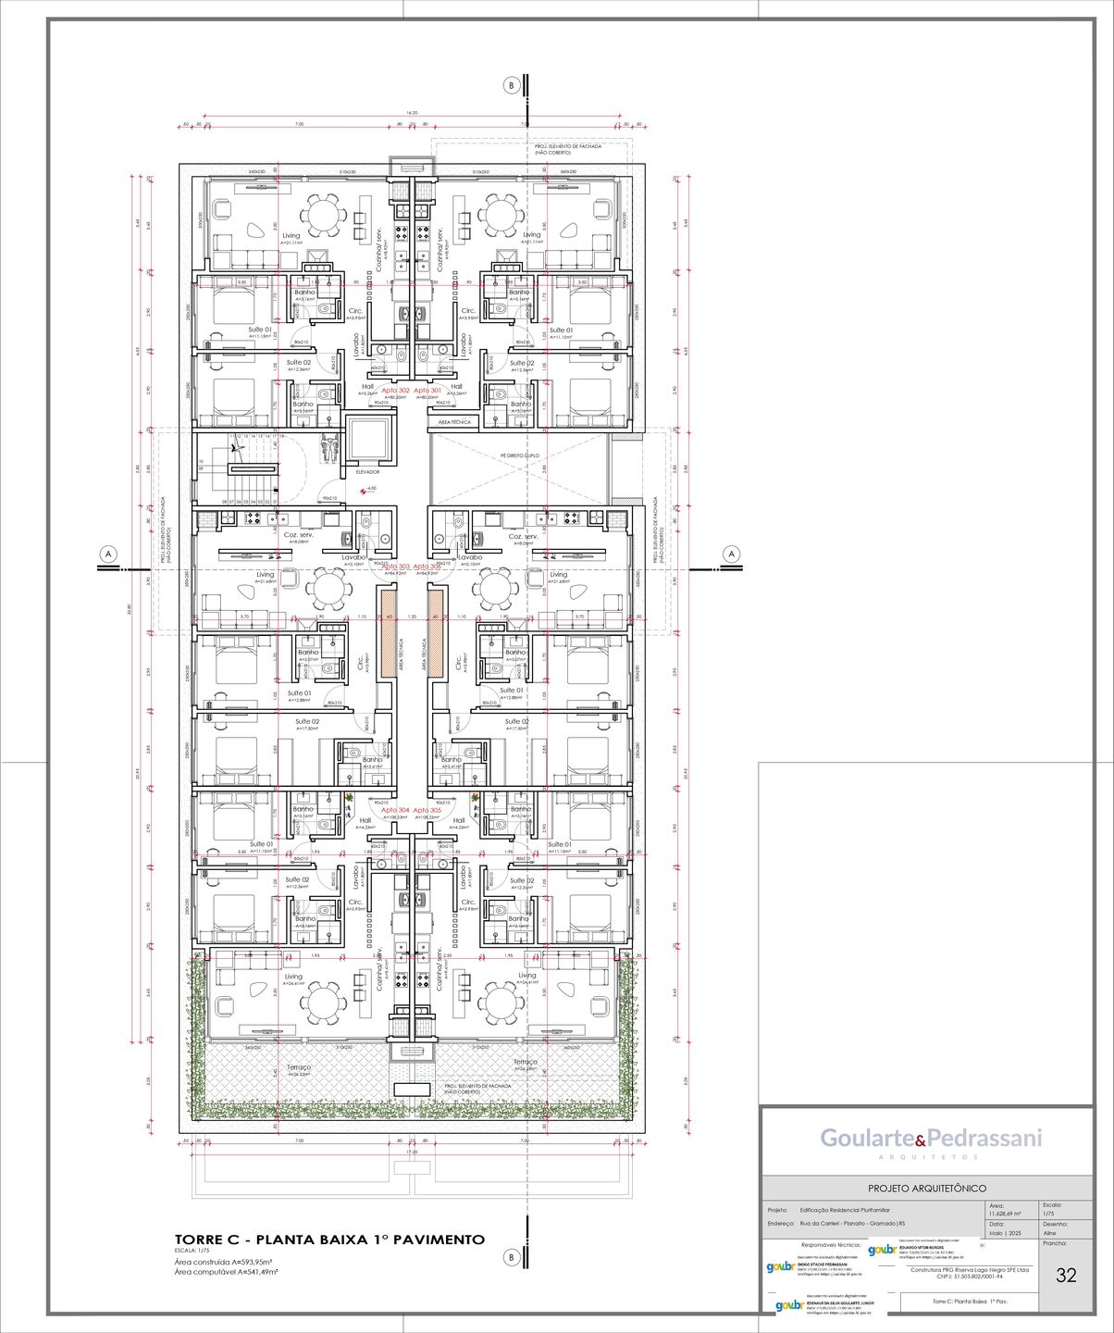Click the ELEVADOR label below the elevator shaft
367,472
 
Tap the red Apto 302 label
395,391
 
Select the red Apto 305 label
427,810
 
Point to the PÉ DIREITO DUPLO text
519,455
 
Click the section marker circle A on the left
108,554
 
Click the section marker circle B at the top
511,85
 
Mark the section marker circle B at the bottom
511,1256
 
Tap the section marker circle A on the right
732,554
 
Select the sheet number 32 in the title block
1066,1275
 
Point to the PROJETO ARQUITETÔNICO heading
926,1188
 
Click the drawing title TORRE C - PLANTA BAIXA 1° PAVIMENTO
329,1240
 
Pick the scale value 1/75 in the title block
1048,1213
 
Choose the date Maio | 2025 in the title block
1004,1233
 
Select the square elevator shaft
370,439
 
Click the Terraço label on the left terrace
299,1066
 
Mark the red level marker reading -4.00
369,488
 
